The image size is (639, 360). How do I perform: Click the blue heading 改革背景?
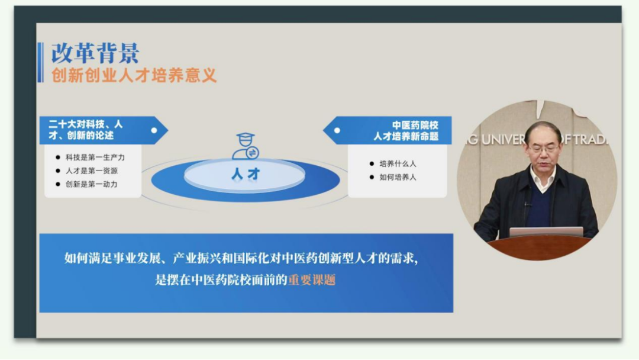click(95, 53)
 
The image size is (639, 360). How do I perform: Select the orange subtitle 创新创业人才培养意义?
click(134, 75)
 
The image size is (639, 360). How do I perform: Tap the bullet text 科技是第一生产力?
click(95, 157)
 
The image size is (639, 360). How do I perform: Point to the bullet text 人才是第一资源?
click(92, 171)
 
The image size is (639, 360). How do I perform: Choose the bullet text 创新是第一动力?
click(92, 184)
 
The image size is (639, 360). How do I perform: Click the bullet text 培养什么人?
click(398, 164)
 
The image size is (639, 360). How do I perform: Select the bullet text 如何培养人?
click(398, 178)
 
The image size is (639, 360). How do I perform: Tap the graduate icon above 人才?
click(246, 146)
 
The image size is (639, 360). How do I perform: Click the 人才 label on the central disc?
click(246, 174)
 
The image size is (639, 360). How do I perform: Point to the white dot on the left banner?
click(154, 130)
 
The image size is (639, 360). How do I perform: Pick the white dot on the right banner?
click(337, 130)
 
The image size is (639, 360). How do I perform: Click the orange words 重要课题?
click(312, 280)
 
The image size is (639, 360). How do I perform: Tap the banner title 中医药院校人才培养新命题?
click(406, 131)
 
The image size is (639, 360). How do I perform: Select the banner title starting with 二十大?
click(86, 130)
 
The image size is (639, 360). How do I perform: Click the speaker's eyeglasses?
click(544, 149)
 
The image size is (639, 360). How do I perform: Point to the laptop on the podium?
click(546, 232)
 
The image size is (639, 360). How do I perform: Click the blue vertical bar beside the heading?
click(40, 62)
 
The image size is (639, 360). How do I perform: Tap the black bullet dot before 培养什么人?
click(372, 164)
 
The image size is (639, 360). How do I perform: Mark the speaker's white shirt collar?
click(543, 179)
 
